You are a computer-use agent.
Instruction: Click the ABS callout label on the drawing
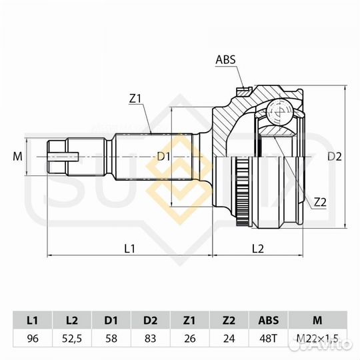pyautogui.click(x=225, y=59)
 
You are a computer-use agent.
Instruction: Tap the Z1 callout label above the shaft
pyautogui.click(x=136, y=99)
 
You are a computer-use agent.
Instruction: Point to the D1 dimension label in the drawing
pyautogui.click(x=163, y=157)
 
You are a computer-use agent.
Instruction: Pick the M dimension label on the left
pyautogui.click(x=18, y=157)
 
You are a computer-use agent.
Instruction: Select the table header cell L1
pyautogui.click(x=32, y=320)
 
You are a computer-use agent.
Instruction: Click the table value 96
pyautogui.click(x=32, y=338)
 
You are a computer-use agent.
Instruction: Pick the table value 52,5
pyautogui.click(x=71, y=338)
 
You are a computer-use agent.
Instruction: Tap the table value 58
pyautogui.click(x=111, y=338)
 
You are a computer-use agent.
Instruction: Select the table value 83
pyautogui.click(x=151, y=338)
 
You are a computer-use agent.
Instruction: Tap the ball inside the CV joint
pyautogui.click(x=279, y=111)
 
